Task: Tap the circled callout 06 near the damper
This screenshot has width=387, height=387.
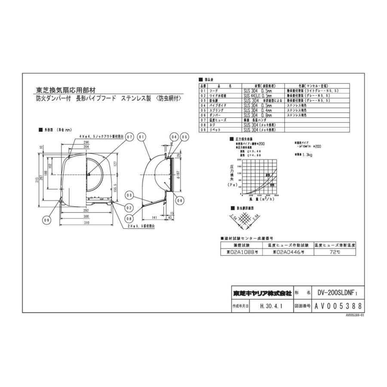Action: (x=179, y=200)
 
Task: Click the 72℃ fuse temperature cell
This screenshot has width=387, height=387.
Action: (x=335, y=253)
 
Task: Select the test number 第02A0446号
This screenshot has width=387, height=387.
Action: (x=288, y=253)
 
